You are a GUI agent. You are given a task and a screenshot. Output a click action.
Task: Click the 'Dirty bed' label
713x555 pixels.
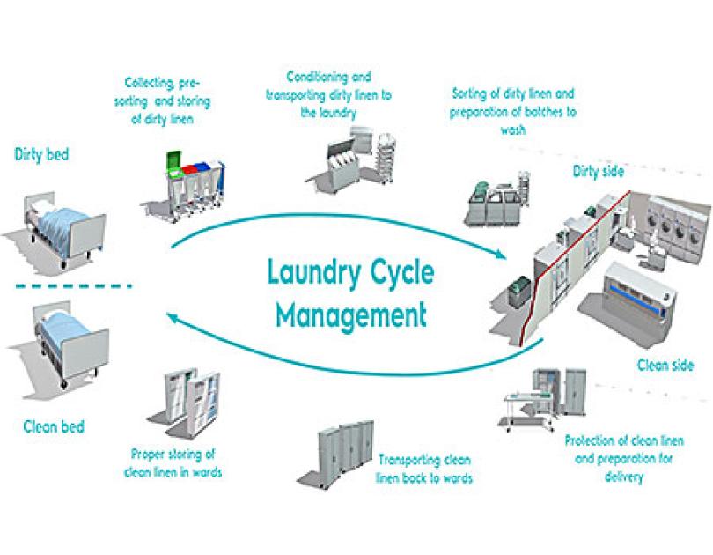(41, 154)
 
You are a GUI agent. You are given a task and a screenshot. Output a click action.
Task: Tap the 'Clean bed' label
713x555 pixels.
(54, 427)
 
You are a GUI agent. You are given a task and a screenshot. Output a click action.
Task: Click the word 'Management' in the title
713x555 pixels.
(348, 313)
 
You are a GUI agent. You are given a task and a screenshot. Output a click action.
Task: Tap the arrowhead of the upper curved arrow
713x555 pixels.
(499, 255)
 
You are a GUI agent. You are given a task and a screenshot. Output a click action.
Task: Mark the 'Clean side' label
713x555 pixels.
(665, 365)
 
